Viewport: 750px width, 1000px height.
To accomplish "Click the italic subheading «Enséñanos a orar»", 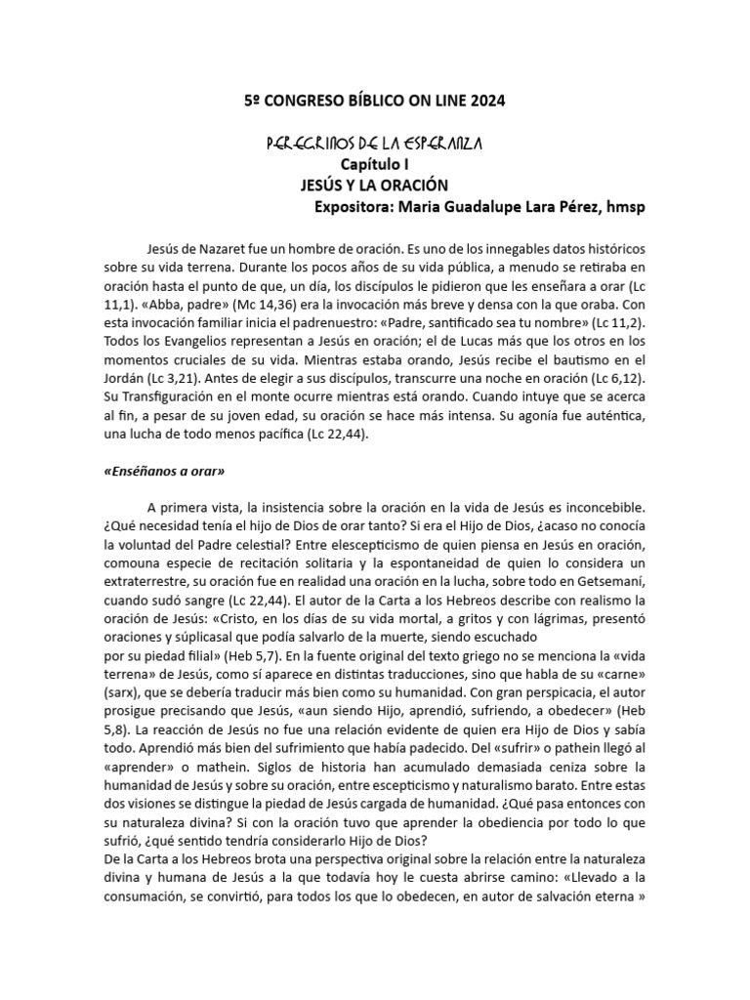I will [x=164, y=471].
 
